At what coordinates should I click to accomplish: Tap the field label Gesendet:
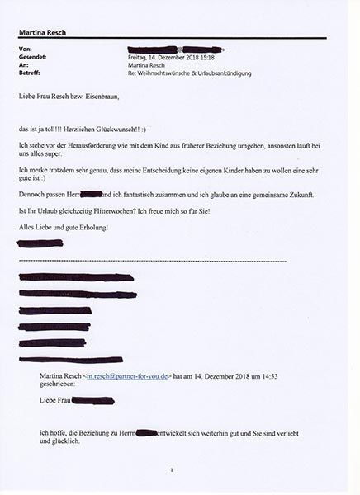[31, 58]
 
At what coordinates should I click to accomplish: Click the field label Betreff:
[29, 73]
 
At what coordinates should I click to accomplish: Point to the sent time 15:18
[205, 58]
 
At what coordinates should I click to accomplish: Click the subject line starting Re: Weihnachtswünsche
[190, 73]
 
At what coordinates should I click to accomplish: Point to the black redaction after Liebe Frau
[93, 401]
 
